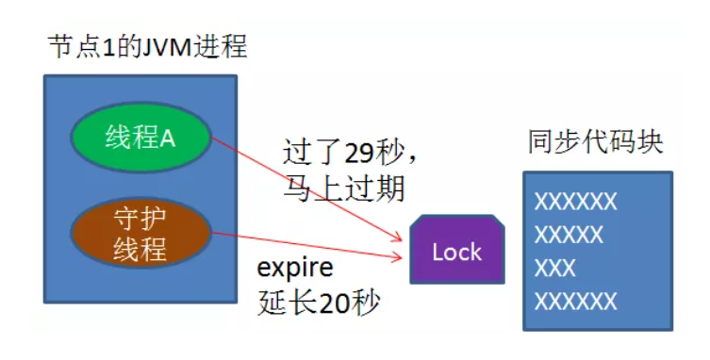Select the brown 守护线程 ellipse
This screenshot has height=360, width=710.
tap(140, 235)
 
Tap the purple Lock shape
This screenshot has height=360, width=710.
tap(456, 252)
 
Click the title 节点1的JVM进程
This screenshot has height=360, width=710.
tap(147, 48)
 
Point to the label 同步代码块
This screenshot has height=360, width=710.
tap(595, 142)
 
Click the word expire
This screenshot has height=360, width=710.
tap(295, 268)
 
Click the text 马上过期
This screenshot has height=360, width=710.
tap(343, 188)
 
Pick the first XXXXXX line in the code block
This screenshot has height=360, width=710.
tap(575, 202)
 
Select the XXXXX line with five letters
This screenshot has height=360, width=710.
tap(569, 235)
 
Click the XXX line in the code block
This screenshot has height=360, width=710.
tap(554, 268)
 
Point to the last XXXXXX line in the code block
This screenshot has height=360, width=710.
tap(575, 302)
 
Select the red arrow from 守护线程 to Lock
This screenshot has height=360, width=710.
tap(311, 245)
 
